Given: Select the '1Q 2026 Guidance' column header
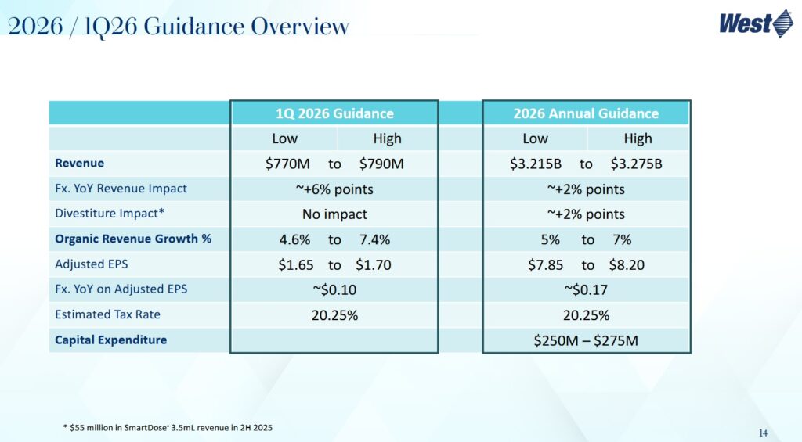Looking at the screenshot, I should (334, 113).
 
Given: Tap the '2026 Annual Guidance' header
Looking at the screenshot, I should (586, 113).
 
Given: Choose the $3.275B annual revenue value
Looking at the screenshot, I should (636, 164).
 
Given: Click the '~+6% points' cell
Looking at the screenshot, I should (334, 189).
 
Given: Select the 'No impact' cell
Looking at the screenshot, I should (334, 214).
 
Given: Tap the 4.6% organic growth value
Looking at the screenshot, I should (295, 239).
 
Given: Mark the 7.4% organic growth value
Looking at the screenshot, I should (374, 239).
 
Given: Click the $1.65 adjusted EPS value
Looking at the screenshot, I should (295, 265).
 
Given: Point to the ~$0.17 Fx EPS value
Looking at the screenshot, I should (586, 290).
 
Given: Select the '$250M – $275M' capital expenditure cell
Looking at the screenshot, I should (586, 341).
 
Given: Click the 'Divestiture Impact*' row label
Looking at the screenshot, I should (110, 214).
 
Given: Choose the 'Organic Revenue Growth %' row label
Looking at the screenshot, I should (133, 239).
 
